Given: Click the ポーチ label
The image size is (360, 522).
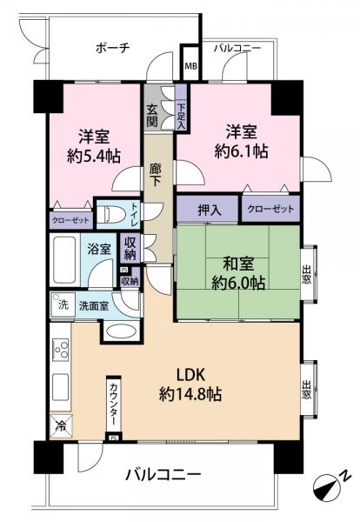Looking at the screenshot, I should click(x=113, y=49).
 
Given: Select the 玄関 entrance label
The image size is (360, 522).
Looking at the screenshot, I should click(x=152, y=114).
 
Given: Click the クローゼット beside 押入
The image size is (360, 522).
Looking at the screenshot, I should click(x=270, y=209).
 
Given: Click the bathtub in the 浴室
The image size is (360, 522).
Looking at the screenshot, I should click(x=64, y=261).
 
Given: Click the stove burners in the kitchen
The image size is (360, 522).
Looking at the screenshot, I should click(x=62, y=350).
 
